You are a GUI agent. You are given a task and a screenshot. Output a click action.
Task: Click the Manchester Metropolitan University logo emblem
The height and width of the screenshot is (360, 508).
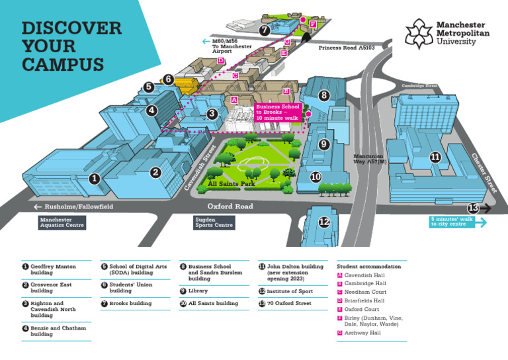pyautogui.click(x=417, y=33)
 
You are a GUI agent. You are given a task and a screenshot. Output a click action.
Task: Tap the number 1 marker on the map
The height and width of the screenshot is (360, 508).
pyautogui.click(x=95, y=179)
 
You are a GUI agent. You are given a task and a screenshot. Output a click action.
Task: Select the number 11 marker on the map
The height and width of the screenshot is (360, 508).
pyautogui.click(x=435, y=157)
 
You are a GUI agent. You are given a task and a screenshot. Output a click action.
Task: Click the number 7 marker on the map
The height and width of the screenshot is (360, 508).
pyautogui.click(x=265, y=30)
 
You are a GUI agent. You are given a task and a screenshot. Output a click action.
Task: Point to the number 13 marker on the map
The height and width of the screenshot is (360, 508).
pyautogui.click(x=473, y=208)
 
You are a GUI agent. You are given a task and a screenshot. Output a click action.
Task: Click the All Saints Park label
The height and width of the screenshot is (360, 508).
pyautogui.click(x=231, y=184)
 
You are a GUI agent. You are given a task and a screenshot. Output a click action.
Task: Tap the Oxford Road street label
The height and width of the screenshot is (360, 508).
pyautogui.click(x=230, y=206)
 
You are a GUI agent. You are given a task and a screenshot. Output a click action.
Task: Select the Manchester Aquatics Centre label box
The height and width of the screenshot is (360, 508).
pyautogui.click(x=62, y=222)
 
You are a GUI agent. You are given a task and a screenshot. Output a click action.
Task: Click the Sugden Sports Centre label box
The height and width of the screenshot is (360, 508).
pyautogui.click(x=214, y=222)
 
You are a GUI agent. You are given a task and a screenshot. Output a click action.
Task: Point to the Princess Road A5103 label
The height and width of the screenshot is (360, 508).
pyautogui.click(x=346, y=48)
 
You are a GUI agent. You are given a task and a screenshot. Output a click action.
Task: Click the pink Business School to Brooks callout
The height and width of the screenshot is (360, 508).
pyautogui.click(x=278, y=112)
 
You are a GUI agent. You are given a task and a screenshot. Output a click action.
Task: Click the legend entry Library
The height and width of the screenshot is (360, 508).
pyautogui.click(x=198, y=291)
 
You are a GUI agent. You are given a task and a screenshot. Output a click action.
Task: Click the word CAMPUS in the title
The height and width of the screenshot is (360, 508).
pyautogui.click(x=63, y=65)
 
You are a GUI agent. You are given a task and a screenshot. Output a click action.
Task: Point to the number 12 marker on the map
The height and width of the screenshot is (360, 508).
pyautogui.click(x=323, y=222)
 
